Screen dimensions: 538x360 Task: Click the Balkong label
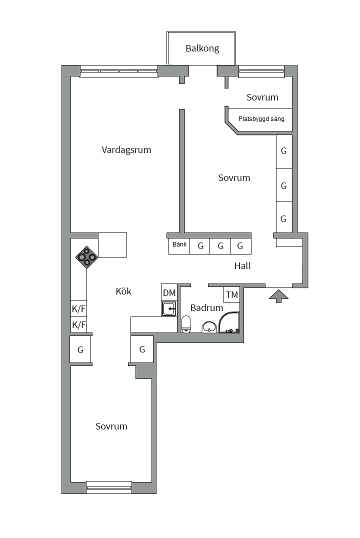click(x=202, y=48)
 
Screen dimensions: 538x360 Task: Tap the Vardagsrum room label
click(x=126, y=150)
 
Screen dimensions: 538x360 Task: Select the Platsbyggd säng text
click(x=261, y=119)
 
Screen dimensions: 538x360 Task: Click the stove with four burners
click(x=86, y=256)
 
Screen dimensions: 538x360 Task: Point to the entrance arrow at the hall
click(x=278, y=296)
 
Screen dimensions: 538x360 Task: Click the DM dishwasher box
click(x=169, y=293)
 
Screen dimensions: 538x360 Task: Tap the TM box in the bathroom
click(x=231, y=295)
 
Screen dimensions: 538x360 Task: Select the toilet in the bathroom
click(x=186, y=323)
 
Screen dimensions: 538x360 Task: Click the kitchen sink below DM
click(x=169, y=308)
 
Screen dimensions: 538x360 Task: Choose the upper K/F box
click(x=79, y=308)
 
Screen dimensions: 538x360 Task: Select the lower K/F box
click(x=79, y=325)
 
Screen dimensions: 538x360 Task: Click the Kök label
click(x=123, y=291)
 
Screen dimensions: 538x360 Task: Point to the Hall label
click(x=242, y=266)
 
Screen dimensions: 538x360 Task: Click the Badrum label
click(x=206, y=308)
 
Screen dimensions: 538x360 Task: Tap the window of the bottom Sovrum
click(x=109, y=486)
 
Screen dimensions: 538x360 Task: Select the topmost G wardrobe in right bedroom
click(x=284, y=151)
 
